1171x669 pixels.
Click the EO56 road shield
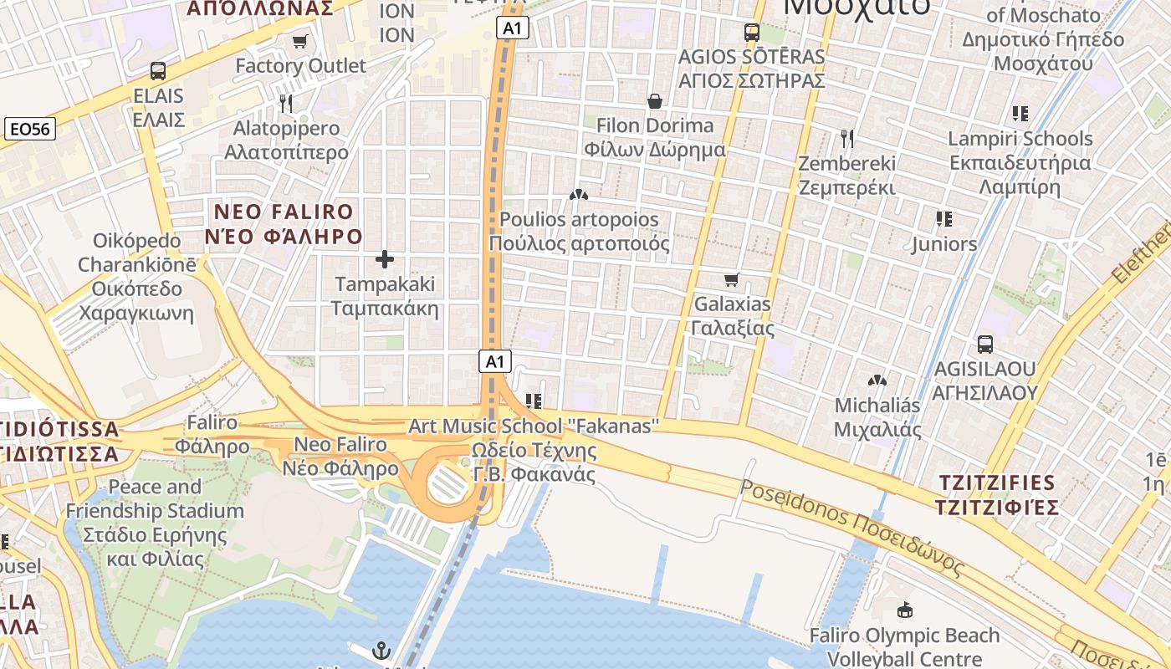coord(30,129)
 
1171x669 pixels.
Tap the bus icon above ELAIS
coord(158,71)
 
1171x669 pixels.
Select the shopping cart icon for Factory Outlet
coord(299,41)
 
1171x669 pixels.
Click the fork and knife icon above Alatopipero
coord(286,103)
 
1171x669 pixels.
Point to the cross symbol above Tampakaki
coord(385,259)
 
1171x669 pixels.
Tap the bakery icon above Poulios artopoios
coord(578,195)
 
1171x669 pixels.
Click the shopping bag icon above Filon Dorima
coord(655,101)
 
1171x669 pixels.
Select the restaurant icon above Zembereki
coord(847,138)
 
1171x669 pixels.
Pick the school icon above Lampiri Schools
coord(1020,113)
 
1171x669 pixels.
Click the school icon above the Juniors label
coord(944,219)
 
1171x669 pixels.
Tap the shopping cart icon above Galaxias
coord(732,279)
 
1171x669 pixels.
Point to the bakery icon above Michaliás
coord(877,380)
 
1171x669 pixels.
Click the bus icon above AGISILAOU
coord(985,344)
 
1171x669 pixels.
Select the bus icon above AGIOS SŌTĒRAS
coord(751,33)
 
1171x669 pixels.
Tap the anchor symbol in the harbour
coord(381,650)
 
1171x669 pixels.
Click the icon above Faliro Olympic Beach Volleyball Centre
coord(904,610)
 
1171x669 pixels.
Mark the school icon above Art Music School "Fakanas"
coord(534,401)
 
